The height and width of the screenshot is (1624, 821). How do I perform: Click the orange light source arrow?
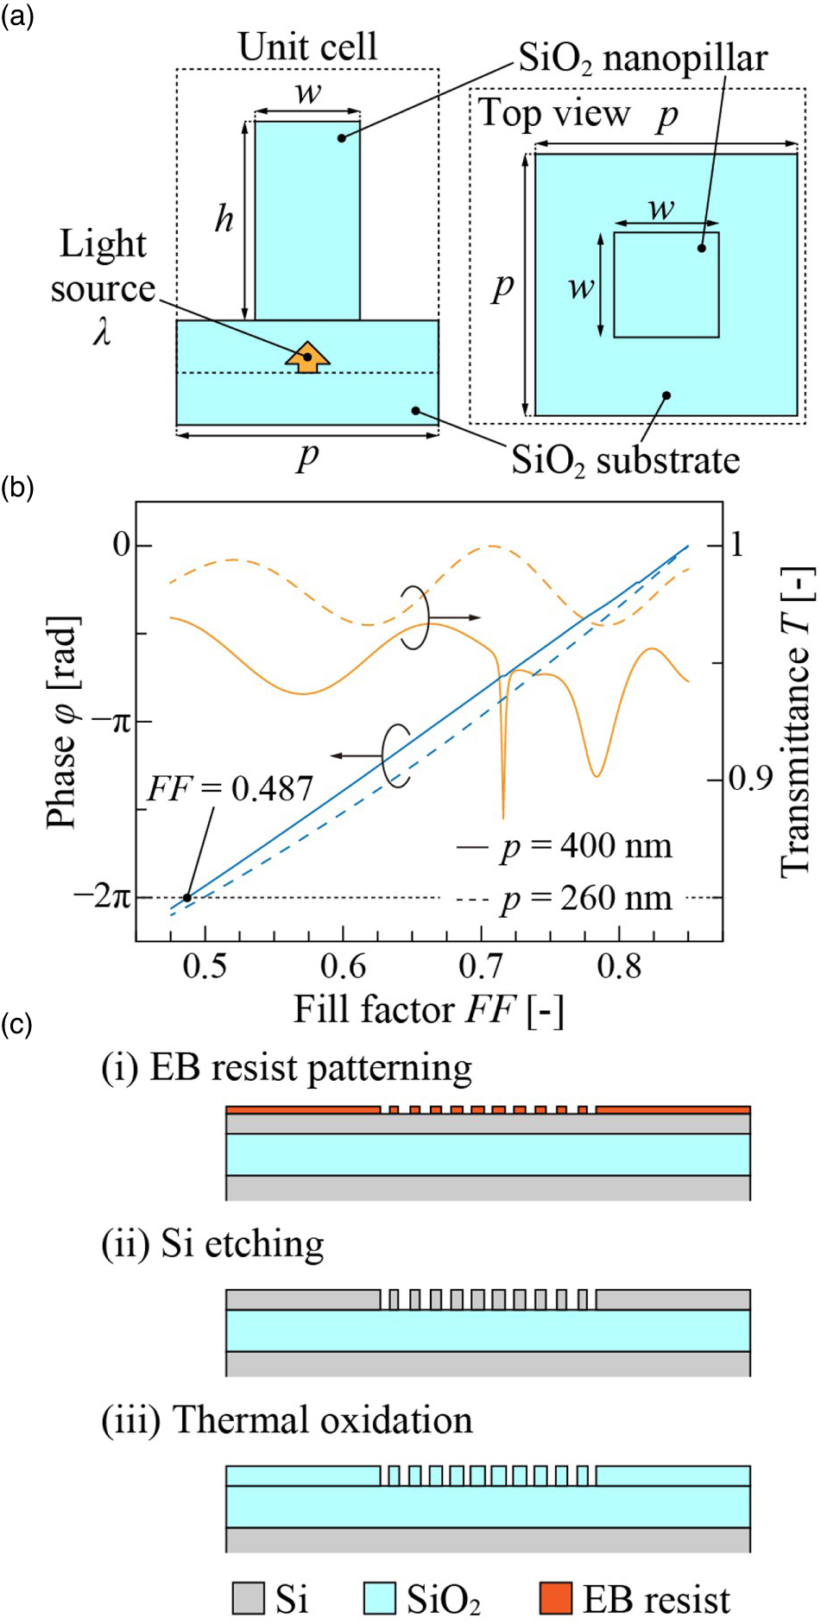(x=307, y=357)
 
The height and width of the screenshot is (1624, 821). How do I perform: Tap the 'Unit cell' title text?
(x=307, y=47)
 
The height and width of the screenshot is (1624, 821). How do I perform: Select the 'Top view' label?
(x=554, y=113)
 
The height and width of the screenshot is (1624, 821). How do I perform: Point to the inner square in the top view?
(x=666, y=285)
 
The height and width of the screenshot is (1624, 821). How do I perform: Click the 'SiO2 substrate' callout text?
(x=625, y=460)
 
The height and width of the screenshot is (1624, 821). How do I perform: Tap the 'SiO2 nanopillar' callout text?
(x=642, y=59)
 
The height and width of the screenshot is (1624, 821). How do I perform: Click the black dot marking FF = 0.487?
(x=187, y=898)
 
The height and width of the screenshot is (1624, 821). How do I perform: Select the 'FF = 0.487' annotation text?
(x=230, y=788)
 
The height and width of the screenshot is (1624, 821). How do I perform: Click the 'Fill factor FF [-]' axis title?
(x=429, y=1010)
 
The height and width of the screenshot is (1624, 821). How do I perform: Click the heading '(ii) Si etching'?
(x=213, y=1244)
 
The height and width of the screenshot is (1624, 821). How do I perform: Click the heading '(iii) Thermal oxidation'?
(x=287, y=1420)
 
